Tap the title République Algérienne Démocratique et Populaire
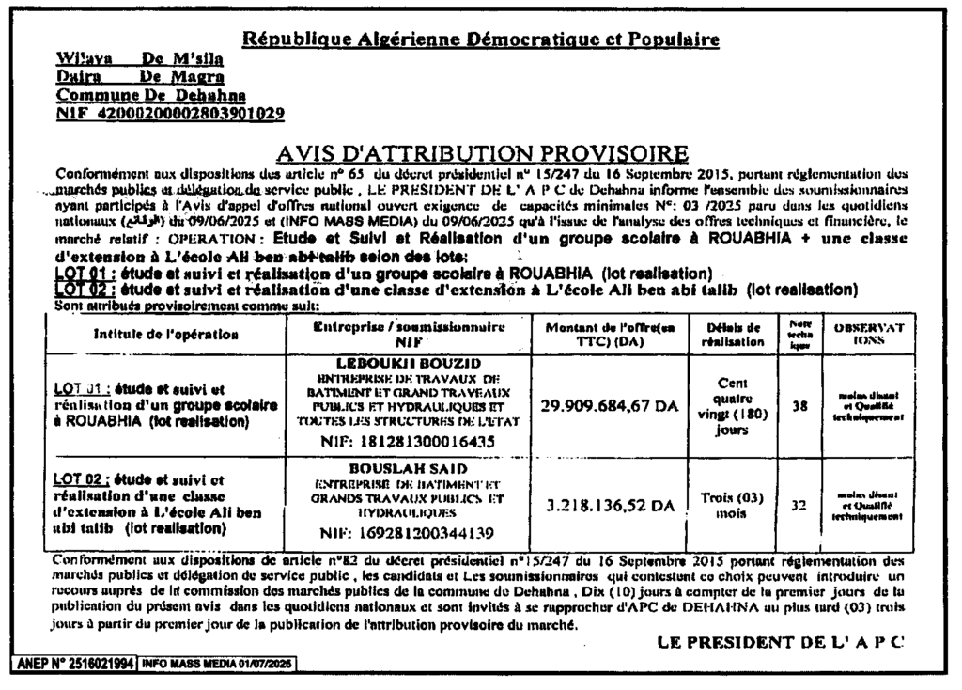481,39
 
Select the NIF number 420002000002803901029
170,115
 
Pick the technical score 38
799,404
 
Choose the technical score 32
799,505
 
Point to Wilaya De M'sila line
143,60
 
